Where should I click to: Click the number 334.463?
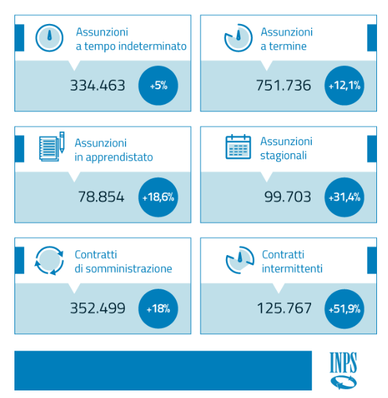[x=98, y=85]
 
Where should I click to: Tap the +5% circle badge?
[x=158, y=85]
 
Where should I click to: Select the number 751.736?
[x=283, y=85]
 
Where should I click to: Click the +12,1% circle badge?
[x=344, y=85]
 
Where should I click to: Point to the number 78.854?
[x=101, y=197]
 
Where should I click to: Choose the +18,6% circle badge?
[x=158, y=197]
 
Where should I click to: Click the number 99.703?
[x=288, y=197]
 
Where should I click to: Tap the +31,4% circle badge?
[x=344, y=197]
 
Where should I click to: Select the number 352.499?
[x=98, y=308]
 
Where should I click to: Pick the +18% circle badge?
[x=158, y=309]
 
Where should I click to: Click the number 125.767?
[x=284, y=308]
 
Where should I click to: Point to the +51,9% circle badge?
[x=344, y=309]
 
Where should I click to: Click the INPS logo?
[x=343, y=371]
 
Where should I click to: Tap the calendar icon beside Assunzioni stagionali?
[x=238, y=146]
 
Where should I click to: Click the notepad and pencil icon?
[x=52, y=146]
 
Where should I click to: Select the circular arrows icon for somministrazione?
[x=49, y=261]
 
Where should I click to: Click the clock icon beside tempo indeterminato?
[x=49, y=38]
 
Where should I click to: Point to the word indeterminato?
[x=152, y=46]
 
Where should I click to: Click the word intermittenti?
[x=292, y=269]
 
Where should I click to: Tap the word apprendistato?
[x=119, y=157]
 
